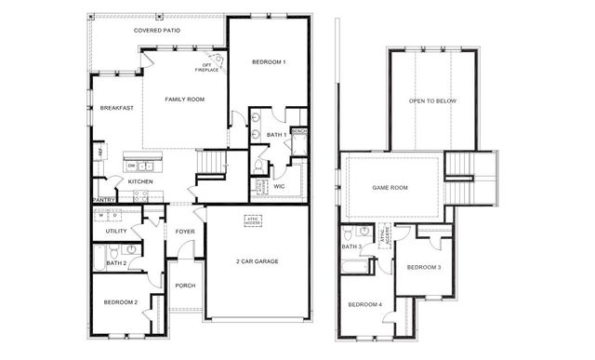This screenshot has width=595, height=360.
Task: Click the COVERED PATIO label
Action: click(x=156, y=31)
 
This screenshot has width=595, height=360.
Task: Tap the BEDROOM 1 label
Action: click(x=269, y=62)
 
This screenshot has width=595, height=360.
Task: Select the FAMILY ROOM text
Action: click(x=184, y=99)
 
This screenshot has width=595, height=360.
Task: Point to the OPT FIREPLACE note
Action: click(x=206, y=67)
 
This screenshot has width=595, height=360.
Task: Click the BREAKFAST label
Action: click(x=116, y=108)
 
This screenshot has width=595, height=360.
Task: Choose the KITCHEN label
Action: click(x=139, y=181)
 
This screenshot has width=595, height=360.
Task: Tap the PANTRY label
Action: click(x=102, y=200)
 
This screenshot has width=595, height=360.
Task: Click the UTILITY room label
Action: click(x=116, y=231)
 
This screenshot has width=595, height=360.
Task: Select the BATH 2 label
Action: click(x=116, y=264)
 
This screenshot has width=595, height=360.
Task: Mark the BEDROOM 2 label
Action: click(x=120, y=302)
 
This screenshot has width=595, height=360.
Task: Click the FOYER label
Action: click(x=184, y=231)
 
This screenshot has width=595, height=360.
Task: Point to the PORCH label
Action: click(x=185, y=286)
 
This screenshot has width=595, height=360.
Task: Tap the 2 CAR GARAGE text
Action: click(x=258, y=262)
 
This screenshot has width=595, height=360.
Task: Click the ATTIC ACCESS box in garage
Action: click(x=253, y=221)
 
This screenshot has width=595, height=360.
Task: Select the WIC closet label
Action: click(x=279, y=186)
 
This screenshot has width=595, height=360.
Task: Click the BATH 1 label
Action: click(x=276, y=135)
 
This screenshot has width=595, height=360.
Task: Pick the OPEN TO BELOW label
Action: click(x=432, y=100)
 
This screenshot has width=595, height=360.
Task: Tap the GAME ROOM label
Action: click(x=390, y=187)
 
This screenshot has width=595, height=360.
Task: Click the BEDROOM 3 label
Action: click(x=424, y=267)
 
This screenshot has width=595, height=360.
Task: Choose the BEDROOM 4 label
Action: click(x=364, y=305)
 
